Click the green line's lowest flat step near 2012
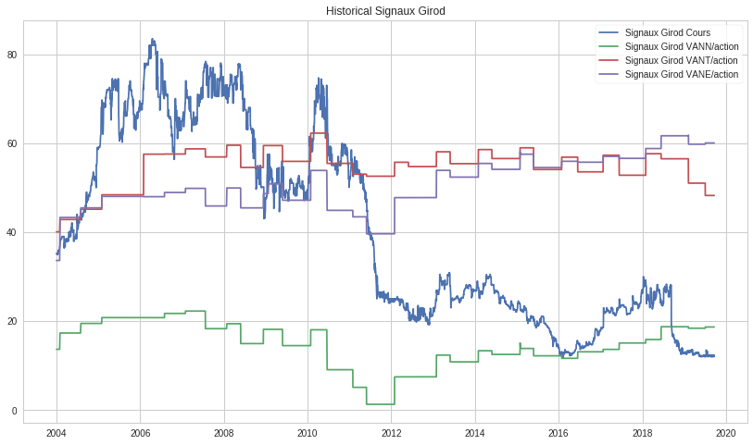(380, 404)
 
